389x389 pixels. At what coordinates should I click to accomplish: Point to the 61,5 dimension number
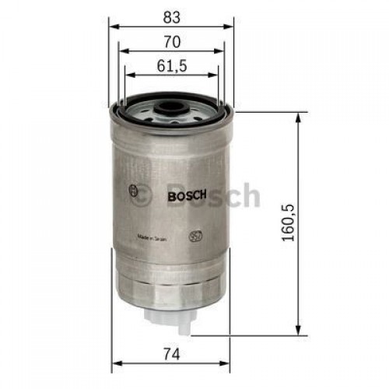[x=173, y=66]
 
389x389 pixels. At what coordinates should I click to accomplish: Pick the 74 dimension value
[x=172, y=353]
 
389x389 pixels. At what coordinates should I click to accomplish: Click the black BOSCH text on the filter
[x=186, y=197]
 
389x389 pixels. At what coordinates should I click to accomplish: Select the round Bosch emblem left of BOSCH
[x=136, y=192]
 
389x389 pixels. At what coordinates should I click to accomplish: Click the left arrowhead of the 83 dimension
[x=112, y=26]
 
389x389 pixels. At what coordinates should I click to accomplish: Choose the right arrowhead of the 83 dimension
[x=231, y=26]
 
